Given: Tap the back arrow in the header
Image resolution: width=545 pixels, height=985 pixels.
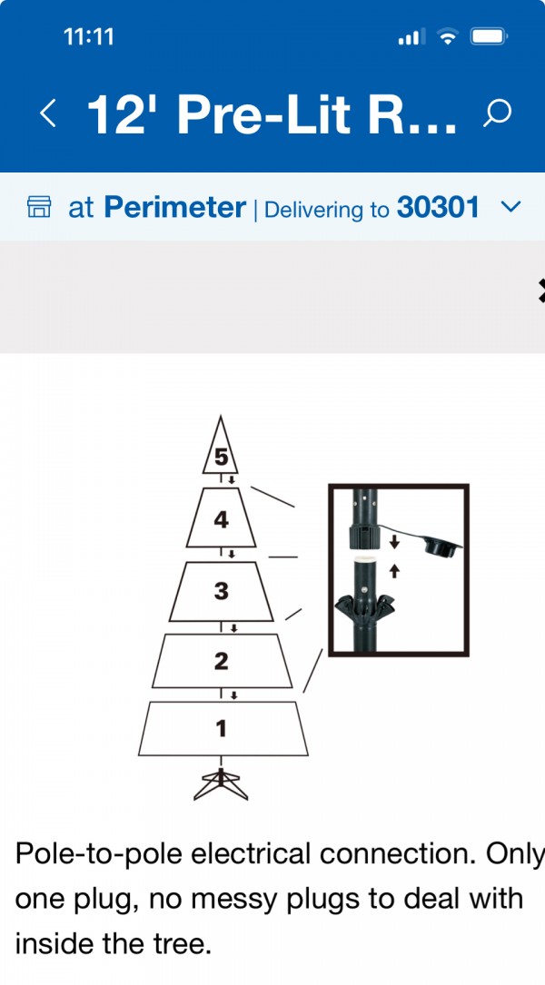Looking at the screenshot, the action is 48,113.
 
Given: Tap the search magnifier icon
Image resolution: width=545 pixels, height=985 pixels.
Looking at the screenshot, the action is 497,113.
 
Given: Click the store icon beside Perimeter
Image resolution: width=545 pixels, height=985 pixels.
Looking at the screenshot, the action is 39,207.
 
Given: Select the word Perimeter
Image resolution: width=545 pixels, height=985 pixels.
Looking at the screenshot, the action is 174,207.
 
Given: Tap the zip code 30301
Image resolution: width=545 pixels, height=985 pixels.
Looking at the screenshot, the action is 438,207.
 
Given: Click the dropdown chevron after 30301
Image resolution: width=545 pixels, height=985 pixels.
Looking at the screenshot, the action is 512,207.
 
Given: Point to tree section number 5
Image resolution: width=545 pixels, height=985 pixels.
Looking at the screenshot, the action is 221,458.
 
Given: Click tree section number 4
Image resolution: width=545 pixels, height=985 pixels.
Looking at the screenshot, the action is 221,520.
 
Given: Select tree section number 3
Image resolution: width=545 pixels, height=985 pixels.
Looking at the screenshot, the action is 221,591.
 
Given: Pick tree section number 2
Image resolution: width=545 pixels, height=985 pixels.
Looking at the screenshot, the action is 221,661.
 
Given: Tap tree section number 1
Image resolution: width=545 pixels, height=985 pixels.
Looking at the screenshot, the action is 221,729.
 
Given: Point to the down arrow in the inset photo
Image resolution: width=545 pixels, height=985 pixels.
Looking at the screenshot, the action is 394,541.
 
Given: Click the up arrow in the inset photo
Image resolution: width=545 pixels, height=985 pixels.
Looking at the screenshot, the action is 394,570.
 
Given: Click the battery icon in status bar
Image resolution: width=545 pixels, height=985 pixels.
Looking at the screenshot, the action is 489,37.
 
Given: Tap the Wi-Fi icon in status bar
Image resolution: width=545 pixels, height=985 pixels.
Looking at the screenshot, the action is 448,37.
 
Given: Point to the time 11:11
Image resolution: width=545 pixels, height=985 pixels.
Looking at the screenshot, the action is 89,37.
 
